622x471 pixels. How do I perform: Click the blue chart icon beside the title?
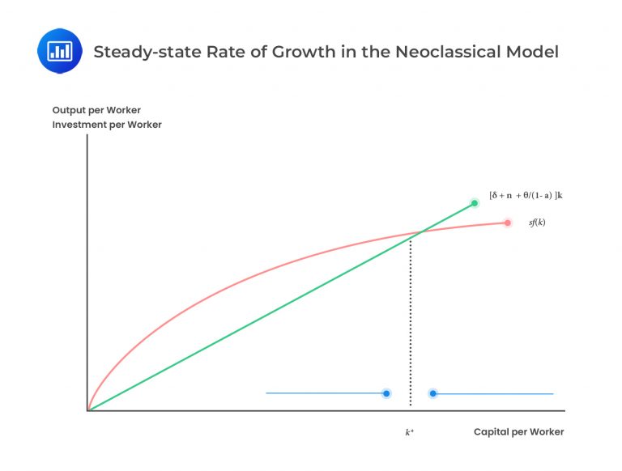coord(60,50)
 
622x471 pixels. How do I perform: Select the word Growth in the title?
coord(309,52)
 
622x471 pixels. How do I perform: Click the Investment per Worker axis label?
coord(107,125)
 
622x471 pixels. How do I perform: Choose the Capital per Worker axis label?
coord(518,431)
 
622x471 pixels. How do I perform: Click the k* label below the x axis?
coord(410,432)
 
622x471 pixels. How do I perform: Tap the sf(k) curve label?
coord(537,223)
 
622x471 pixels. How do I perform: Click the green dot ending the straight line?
coord(475,202)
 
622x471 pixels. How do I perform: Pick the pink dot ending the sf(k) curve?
coord(507,223)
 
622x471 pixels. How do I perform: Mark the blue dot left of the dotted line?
coord(386,393)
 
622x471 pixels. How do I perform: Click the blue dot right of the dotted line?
coord(433,393)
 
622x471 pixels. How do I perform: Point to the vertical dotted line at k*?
coord(411,324)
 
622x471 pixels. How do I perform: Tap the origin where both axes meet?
coord(87,410)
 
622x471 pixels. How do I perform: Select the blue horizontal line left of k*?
coord(324,393)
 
